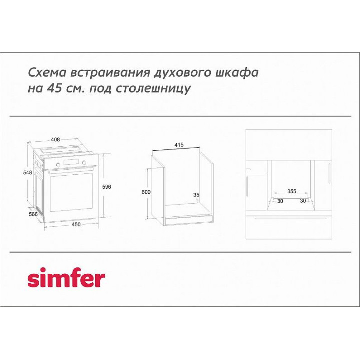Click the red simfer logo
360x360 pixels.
tap(66, 278)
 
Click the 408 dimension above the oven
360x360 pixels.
tap(55, 139)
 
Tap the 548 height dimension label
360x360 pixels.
tap(28, 172)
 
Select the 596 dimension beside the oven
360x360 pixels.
tap(107, 187)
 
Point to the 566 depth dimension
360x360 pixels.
tap(33, 214)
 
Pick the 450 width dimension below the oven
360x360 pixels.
tap(76, 224)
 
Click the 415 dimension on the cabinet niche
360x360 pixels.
tap(179, 145)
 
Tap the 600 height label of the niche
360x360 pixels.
tap(146, 192)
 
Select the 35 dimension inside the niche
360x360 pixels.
tap(196, 195)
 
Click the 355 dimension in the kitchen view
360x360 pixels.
tap(292, 191)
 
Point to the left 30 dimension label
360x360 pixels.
tap(280, 201)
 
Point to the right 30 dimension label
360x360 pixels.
tap(303, 201)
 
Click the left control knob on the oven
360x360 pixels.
tap(58, 164)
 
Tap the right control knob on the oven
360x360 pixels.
tap(84, 163)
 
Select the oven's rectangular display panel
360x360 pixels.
tap(71, 162)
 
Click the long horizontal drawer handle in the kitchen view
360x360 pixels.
tap(290, 218)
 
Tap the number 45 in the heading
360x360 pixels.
tap(54, 88)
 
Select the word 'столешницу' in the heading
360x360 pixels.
tap(153, 89)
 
